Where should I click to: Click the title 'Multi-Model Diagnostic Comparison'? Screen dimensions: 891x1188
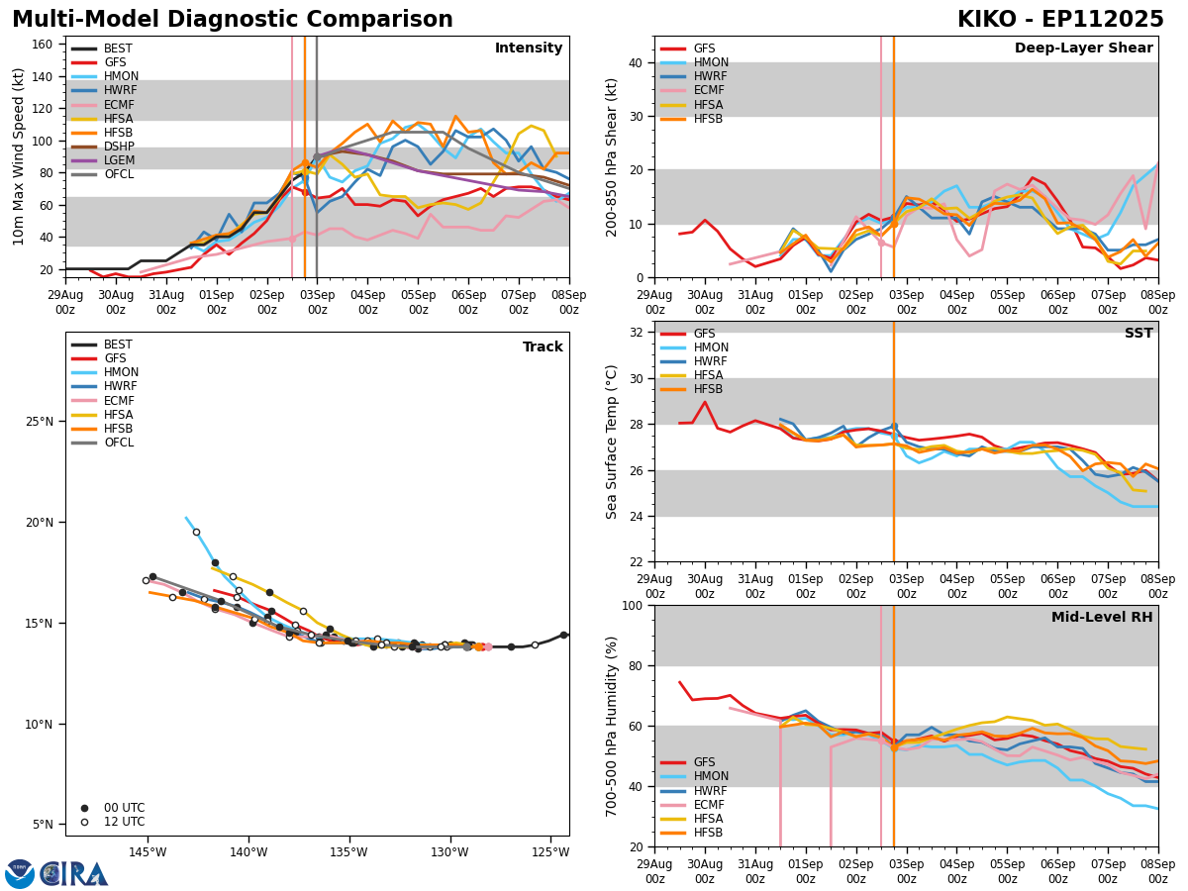tap(233, 20)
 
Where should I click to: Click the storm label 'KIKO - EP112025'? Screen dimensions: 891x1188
tap(1060, 20)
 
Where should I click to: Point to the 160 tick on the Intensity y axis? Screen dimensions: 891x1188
tap(44, 45)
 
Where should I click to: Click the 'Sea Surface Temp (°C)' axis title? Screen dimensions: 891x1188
tap(613, 442)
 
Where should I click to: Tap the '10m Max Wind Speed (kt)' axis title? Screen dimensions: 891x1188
tap(19, 156)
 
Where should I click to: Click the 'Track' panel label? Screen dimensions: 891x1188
tap(543, 347)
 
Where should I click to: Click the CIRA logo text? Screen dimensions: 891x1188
tap(73, 874)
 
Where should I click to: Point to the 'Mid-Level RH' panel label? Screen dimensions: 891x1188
tap(1102, 618)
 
